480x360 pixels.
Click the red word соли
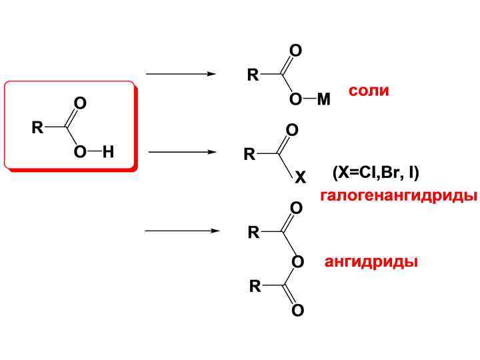tap(369, 91)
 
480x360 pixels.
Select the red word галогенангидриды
tap(398, 196)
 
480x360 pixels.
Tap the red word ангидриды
tap(371, 261)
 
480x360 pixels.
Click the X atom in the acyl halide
tap(300, 178)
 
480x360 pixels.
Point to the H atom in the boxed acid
tap(108, 152)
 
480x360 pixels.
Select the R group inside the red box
tap(37, 127)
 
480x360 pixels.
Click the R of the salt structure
tap(253, 75)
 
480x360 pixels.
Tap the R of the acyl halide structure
tap(249, 155)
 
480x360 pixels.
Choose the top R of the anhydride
tap(253, 233)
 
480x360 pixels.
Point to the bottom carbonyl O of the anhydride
tap(297, 311)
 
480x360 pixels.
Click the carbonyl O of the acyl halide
tap(292, 129)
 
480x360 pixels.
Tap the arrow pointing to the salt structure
tap(181, 74)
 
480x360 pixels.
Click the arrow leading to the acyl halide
tap(182, 152)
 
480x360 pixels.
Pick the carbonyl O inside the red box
tap(81, 103)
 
